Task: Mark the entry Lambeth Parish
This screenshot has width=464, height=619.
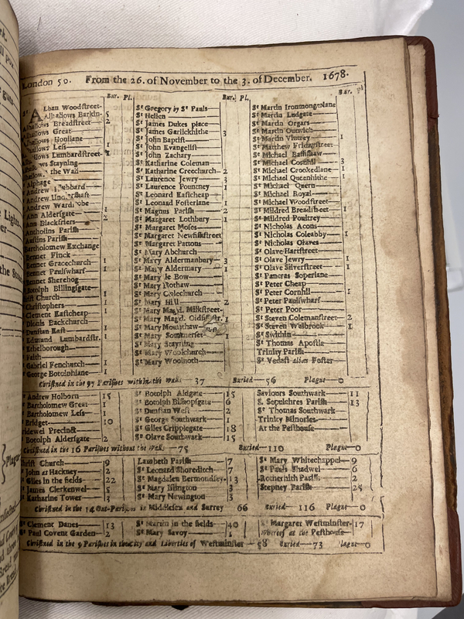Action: click(x=159, y=462)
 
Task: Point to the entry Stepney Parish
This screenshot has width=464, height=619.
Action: click(x=281, y=488)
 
